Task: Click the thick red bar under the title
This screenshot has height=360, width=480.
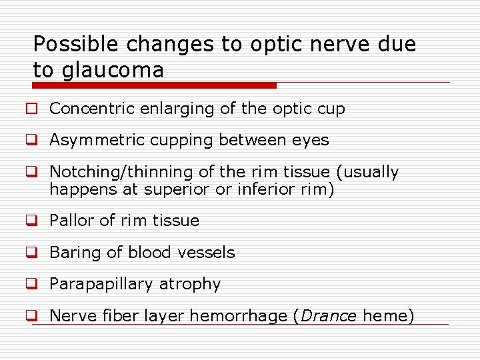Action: (154, 85)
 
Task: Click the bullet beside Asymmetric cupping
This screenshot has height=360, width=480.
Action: (31, 141)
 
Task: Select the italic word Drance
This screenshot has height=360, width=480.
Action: (329, 316)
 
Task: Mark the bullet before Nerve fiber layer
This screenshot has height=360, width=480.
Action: (31, 316)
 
